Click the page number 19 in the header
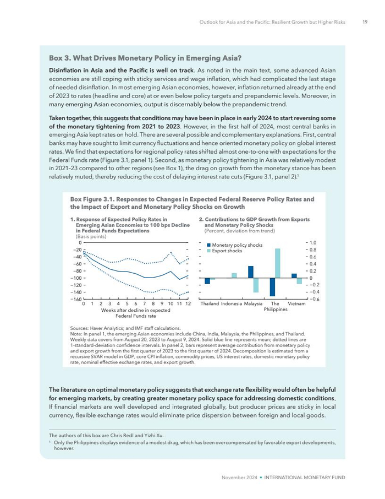(x=365, y=23)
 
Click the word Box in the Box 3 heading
(x=57, y=58)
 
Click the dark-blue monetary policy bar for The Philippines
(x=272, y=287)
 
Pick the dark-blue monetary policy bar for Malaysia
(x=251, y=272)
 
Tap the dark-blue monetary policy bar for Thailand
(x=207, y=281)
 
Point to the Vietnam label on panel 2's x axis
(x=296, y=304)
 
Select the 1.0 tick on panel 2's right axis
(x=312, y=242)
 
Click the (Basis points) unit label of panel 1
(x=91, y=236)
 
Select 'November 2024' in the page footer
(x=239, y=477)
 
